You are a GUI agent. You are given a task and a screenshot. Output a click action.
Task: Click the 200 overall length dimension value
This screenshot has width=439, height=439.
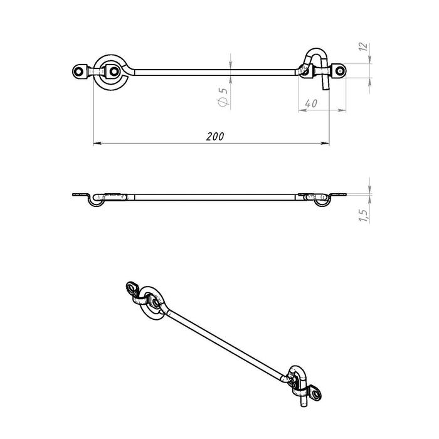[x=215, y=136]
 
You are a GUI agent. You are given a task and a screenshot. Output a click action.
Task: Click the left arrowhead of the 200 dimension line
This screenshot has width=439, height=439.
[x=96, y=144]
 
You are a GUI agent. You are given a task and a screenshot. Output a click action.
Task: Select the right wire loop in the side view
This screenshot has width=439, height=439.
[x=320, y=201]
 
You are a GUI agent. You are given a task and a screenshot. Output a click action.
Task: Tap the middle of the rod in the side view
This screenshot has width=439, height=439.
[x=213, y=197]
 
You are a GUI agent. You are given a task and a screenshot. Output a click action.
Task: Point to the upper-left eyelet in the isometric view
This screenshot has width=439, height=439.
[x=133, y=288]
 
